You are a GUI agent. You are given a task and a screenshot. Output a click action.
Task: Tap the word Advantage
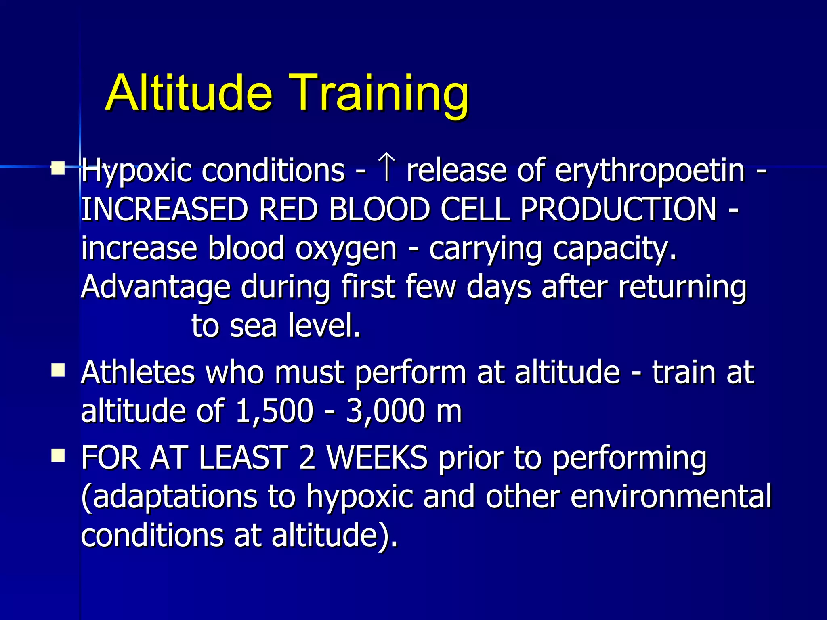pyautogui.click(x=155, y=287)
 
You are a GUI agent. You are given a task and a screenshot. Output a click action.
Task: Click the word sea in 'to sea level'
pyautogui.click(x=253, y=326)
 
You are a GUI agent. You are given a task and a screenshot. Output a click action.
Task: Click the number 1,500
pyautogui.click(x=274, y=411)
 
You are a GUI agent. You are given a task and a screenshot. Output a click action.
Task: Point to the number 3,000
pyautogui.click(x=386, y=411)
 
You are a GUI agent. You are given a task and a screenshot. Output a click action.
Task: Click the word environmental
pyautogui.click(x=670, y=496)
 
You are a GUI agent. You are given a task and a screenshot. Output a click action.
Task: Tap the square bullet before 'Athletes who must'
pyautogui.click(x=58, y=369)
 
